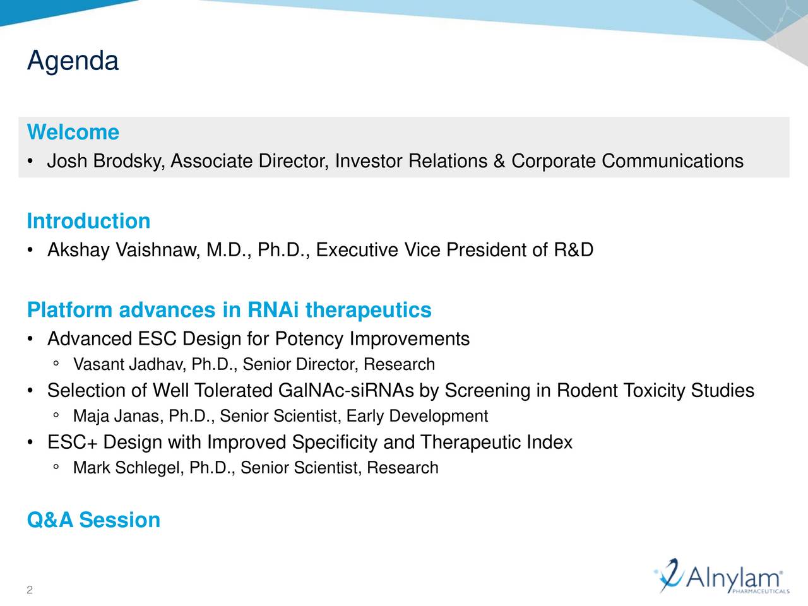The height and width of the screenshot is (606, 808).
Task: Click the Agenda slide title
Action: (x=73, y=61)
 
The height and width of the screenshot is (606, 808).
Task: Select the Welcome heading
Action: (x=73, y=133)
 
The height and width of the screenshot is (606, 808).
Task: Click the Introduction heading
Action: (x=88, y=222)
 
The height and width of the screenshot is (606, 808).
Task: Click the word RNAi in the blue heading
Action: (x=273, y=311)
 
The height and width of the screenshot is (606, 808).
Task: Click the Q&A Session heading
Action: (x=93, y=520)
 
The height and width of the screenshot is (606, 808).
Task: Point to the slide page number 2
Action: (x=30, y=590)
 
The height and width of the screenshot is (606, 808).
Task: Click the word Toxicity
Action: (x=655, y=391)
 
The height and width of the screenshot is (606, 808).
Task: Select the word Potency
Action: (x=310, y=340)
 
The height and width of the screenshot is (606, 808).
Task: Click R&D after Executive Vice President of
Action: (x=574, y=251)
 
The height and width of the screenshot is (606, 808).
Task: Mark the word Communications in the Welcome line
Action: (x=672, y=162)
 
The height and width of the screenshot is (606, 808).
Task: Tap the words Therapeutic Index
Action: (x=496, y=443)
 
